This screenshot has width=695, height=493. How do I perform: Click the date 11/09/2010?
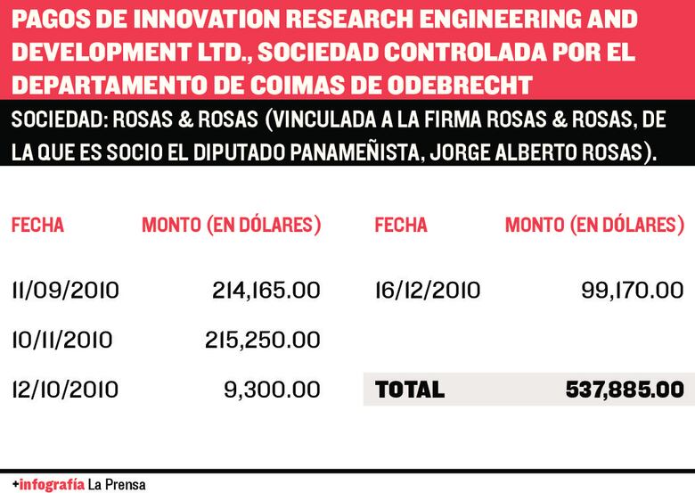pos(65,291)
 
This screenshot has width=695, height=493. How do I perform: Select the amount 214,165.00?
pos(266,291)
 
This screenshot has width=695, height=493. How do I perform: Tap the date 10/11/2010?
pos(61,340)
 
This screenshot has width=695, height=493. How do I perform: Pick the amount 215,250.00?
pos(266,340)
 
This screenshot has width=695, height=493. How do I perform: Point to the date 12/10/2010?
pos(65,390)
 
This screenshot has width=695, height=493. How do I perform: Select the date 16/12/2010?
pos(428,291)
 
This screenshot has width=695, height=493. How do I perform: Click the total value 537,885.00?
pos(624,390)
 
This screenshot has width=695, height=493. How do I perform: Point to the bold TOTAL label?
pos(410,390)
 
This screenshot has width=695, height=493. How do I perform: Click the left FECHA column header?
pos(37,226)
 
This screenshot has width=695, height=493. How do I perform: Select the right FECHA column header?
pos(401,226)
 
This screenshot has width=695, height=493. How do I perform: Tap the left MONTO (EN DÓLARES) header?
pos(232,226)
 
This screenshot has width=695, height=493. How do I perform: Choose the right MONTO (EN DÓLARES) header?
pos(594,226)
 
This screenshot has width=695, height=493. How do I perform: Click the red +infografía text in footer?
pos(49,484)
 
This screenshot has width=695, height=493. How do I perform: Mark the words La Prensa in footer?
pos(118,484)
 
